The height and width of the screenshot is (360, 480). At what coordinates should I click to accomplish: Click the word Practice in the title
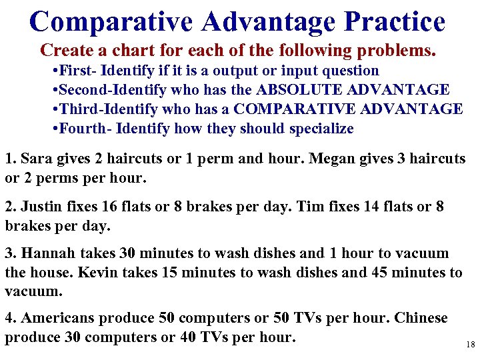click(395, 21)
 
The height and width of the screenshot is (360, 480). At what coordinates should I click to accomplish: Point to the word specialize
click(321, 128)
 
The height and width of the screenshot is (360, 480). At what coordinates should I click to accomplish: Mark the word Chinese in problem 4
click(421, 318)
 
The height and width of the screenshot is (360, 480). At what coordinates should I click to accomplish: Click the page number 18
click(470, 345)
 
